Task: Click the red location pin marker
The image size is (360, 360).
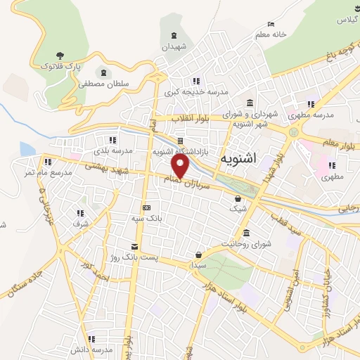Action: [x=181, y=166]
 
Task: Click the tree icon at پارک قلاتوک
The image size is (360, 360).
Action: [x=60, y=55]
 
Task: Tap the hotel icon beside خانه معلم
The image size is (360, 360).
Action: [x=271, y=23]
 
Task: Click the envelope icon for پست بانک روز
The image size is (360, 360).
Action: [x=134, y=246]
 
